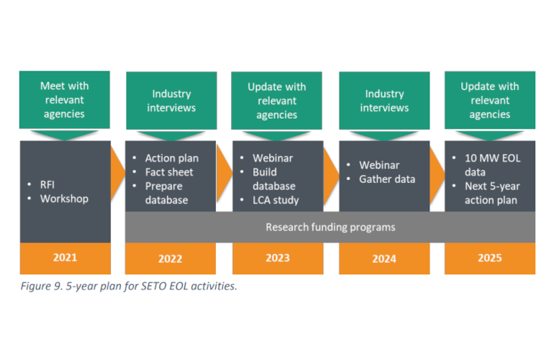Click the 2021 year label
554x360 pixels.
pos(65,257)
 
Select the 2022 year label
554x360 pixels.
pos(171,258)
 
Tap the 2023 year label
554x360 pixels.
pos(278,258)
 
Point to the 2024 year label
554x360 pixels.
pos(384,258)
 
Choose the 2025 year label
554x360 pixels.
pos(490,258)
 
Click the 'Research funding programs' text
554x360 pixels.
pos(330,227)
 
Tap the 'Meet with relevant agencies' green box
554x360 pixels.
pos(65,100)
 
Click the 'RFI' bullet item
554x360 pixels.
pos(47,184)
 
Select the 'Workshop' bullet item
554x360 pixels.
pos(64,199)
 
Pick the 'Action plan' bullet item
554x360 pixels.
pos(172,158)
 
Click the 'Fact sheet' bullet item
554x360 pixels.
pos(169,172)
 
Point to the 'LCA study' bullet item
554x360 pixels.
pos(276,200)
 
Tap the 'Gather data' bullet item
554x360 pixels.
pos(387,179)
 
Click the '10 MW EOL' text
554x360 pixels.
pos(493,158)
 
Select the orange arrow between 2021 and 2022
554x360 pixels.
pos(118,174)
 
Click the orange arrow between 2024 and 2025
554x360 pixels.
pos(437,175)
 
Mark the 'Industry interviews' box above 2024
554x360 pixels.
pos(384,100)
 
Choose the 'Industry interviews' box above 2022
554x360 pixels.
pos(171,100)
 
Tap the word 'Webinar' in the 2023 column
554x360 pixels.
pos(273,158)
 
